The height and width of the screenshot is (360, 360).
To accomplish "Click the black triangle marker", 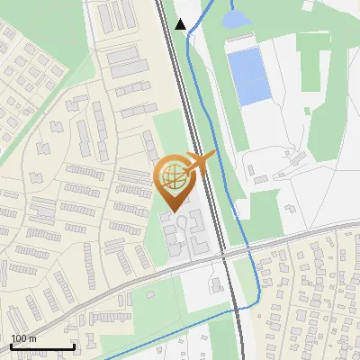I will [181, 24].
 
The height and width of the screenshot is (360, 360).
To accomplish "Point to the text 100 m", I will [22, 338].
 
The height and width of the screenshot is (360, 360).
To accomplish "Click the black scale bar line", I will [42, 346].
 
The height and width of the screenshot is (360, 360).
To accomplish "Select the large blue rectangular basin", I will [248, 76].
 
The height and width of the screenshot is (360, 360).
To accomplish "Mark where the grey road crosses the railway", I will [223, 256].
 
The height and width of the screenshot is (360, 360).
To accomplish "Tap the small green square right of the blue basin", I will [307, 111].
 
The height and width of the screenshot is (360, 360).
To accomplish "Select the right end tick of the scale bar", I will [74, 345].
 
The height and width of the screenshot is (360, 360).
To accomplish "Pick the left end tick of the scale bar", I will [11, 345].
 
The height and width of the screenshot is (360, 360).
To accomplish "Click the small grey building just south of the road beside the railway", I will [216, 284].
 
